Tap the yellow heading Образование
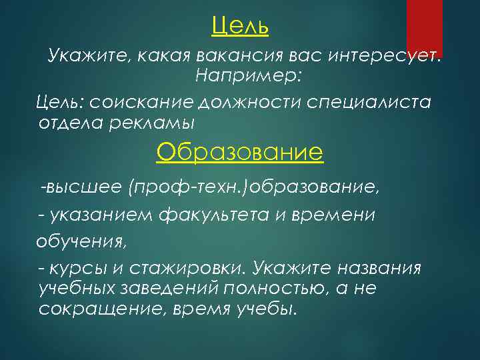click(239, 153)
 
